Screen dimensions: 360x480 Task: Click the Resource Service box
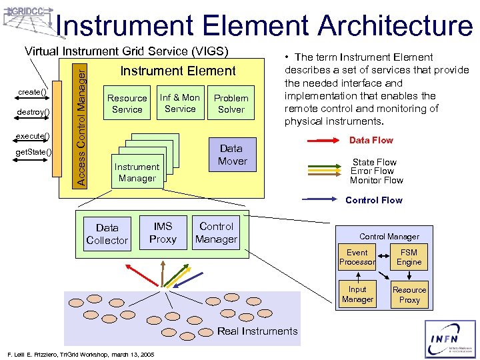point(127,104)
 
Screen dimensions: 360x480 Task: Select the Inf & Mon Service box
point(180,103)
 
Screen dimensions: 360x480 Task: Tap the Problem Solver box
point(231,104)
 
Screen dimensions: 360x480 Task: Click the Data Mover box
point(233,155)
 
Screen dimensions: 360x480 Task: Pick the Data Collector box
point(107,234)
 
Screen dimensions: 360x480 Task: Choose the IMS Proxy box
point(163,233)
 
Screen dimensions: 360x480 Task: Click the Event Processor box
point(357,257)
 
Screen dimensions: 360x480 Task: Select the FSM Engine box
point(409,257)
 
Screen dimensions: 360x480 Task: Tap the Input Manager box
point(357,295)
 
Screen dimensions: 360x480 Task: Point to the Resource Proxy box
point(409,295)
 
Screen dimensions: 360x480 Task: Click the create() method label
point(32,91)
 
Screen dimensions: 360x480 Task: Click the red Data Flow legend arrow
point(324,141)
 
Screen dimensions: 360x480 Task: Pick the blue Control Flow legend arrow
point(324,200)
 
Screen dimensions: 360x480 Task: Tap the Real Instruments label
point(257,331)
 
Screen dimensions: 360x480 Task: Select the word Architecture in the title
point(394,25)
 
